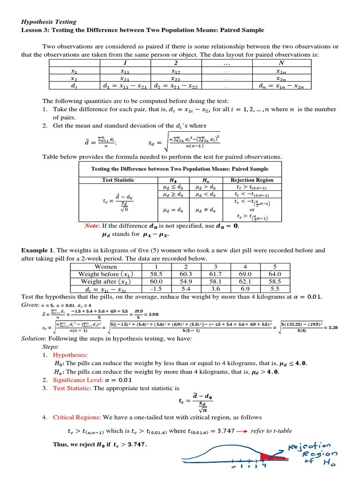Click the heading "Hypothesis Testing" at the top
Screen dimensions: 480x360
pos(50,22)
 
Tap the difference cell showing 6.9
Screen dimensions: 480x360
pos(245,290)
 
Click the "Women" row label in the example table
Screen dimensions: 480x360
pos(106,267)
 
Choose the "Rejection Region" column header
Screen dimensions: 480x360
pos(252,180)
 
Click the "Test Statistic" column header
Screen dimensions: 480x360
pos(118,180)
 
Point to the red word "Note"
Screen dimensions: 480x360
pos(91,225)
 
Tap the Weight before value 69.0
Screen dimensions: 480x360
pos(245,274)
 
